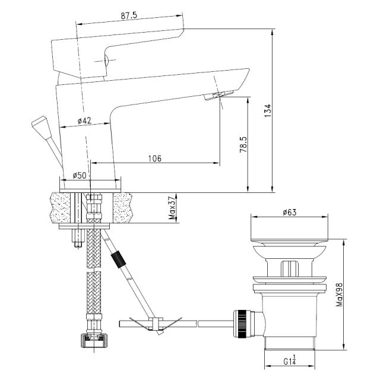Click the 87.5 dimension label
pyautogui.click(x=129, y=15)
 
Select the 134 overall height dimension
pyautogui.click(x=268, y=111)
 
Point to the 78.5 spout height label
pyautogui.click(x=243, y=144)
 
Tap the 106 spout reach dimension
pyautogui.click(x=154, y=159)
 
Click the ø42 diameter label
pyautogui.click(x=84, y=121)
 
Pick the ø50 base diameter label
pyautogui.click(x=79, y=175)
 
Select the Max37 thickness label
pyautogui.click(x=172, y=208)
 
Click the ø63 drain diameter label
pyautogui.click(x=289, y=213)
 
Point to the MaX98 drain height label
pyautogui.click(x=340, y=294)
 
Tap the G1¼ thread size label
pyautogui.click(x=290, y=362)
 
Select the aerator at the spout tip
pyautogui.click(x=218, y=95)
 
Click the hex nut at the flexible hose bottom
pyautogui.click(x=94, y=341)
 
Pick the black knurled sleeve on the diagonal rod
pyautogui.click(x=118, y=260)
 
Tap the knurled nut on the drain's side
pyautogui.click(x=242, y=324)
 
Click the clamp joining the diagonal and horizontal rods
pyautogui.click(x=155, y=324)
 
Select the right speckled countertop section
pyautogui.click(x=123, y=208)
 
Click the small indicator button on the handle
pyautogui.click(x=106, y=60)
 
